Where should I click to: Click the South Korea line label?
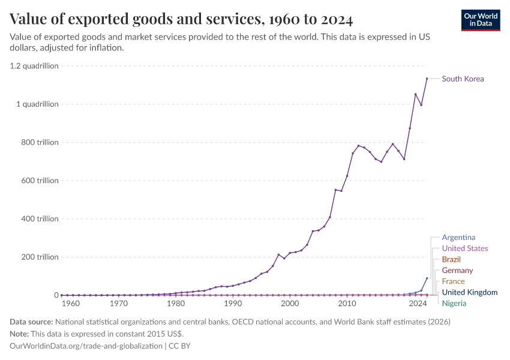463,79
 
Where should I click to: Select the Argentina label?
458,238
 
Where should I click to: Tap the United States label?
464,248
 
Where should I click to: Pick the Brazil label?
451,259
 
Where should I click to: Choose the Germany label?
457,271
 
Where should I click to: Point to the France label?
453,281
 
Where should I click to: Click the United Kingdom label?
469,292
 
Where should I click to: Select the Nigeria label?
454,303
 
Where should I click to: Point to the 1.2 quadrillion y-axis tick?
34,66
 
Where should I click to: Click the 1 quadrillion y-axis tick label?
37,104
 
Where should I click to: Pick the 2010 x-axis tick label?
347,304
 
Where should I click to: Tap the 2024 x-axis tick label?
418,304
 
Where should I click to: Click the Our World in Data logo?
481,20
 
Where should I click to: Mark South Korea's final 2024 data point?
427,79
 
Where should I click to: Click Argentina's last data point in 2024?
427,278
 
